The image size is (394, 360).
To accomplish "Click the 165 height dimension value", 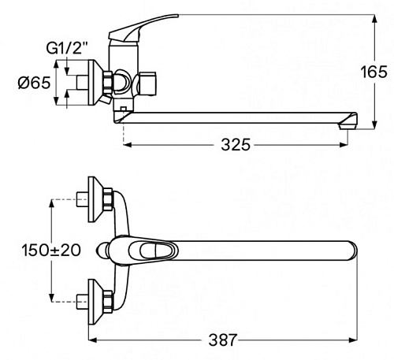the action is (374, 72).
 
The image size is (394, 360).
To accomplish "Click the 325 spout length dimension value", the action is (236, 144).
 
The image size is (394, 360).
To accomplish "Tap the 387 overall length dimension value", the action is (223, 340).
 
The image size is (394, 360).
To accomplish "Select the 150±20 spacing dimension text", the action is (51, 250).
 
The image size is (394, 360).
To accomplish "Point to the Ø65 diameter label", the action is (34, 83).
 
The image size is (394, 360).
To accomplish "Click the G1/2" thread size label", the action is (67, 48).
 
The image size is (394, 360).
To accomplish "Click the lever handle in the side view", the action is (143, 28).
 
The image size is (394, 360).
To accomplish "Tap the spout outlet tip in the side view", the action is (348, 126).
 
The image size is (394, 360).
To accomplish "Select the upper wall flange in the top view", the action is (95, 199).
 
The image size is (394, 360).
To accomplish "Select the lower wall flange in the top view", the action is (95, 302).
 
